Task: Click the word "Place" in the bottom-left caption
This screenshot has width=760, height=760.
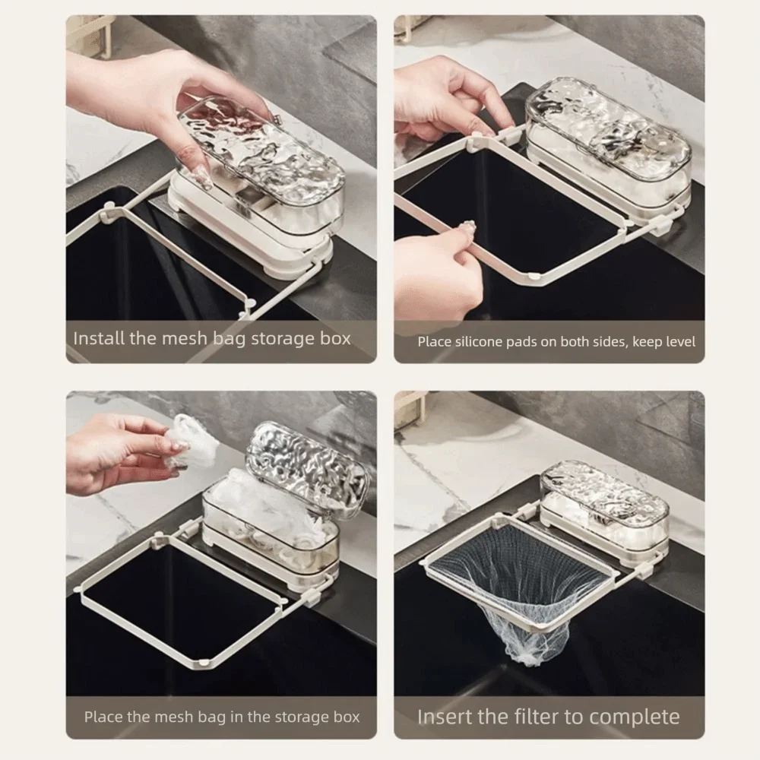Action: [102, 716]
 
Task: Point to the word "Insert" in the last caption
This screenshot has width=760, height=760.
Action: [445, 716]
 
